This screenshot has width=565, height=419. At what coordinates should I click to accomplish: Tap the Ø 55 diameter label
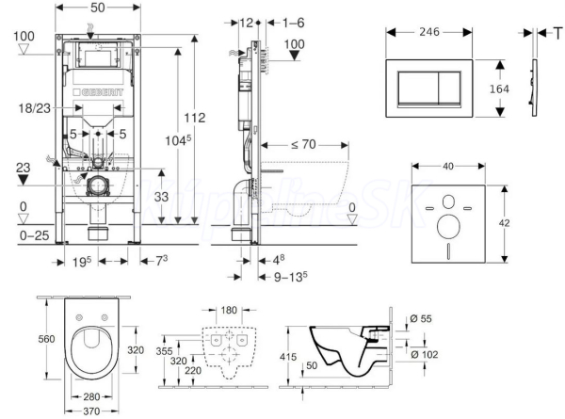point(421,320)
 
